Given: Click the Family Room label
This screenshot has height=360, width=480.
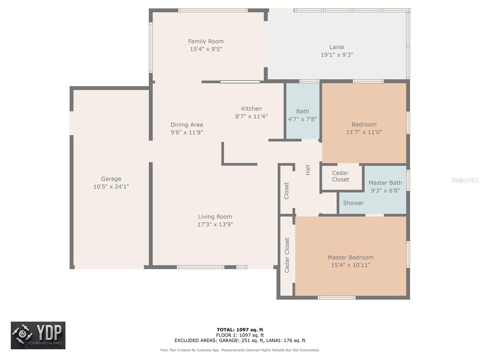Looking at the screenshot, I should (x=206, y=41).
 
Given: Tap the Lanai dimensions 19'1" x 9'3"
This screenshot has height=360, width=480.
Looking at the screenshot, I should (x=337, y=55).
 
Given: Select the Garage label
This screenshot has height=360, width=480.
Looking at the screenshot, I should (x=111, y=179).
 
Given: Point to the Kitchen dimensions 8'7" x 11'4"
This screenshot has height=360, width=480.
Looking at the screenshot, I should (x=251, y=116).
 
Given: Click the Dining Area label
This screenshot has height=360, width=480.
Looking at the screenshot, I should (x=187, y=124).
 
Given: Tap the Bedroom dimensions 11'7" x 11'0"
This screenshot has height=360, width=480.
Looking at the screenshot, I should (x=364, y=132).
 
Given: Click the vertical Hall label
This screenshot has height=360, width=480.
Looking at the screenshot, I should (x=308, y=170).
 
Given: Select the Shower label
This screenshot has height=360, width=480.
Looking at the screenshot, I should (x=353, y=203).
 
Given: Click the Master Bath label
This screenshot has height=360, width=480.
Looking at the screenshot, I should (x=385, y=183).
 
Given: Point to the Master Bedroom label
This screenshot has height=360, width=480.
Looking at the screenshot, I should (x=350, y=257).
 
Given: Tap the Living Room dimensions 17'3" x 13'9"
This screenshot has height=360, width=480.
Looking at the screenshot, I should (x=215, y=224).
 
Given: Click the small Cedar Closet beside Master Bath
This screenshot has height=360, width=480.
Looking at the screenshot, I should (x=340, y=176).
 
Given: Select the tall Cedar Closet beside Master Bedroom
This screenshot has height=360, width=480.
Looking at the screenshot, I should (x=287, y=255).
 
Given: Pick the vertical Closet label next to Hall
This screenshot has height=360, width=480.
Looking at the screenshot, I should (x=286, y=191).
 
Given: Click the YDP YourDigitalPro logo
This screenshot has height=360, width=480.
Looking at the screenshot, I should (x=38, y=335).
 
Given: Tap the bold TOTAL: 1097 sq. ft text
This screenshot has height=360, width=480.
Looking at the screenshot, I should (x=240, y=330).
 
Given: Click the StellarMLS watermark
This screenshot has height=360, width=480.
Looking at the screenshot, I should (x=465, y=180).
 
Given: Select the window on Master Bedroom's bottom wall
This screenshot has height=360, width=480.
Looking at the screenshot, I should (x=337, y=298).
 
